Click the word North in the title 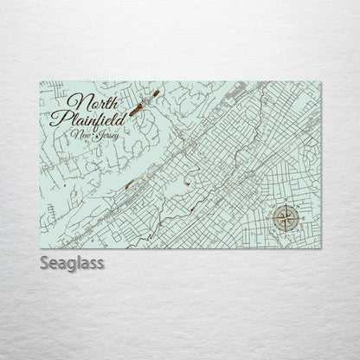(x=96, y=100)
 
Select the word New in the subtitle (x=82, y=134)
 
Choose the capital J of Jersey (x=97, y=135)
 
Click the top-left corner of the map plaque (x=40, y=81)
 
